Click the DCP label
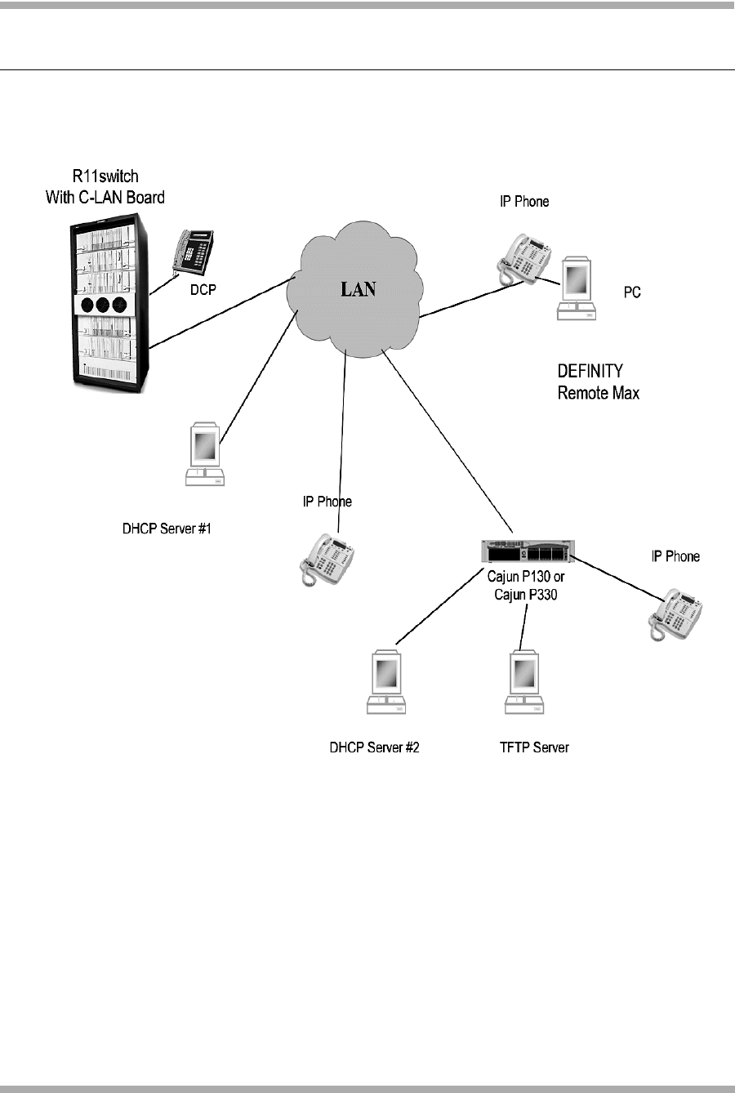tap(203, 290)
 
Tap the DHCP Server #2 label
tap(374, 747)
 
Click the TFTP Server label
tap(534, 747)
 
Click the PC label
tap(632, 292)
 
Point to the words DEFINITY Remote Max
tap(598, 382)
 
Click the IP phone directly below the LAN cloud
tap(329, 558)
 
